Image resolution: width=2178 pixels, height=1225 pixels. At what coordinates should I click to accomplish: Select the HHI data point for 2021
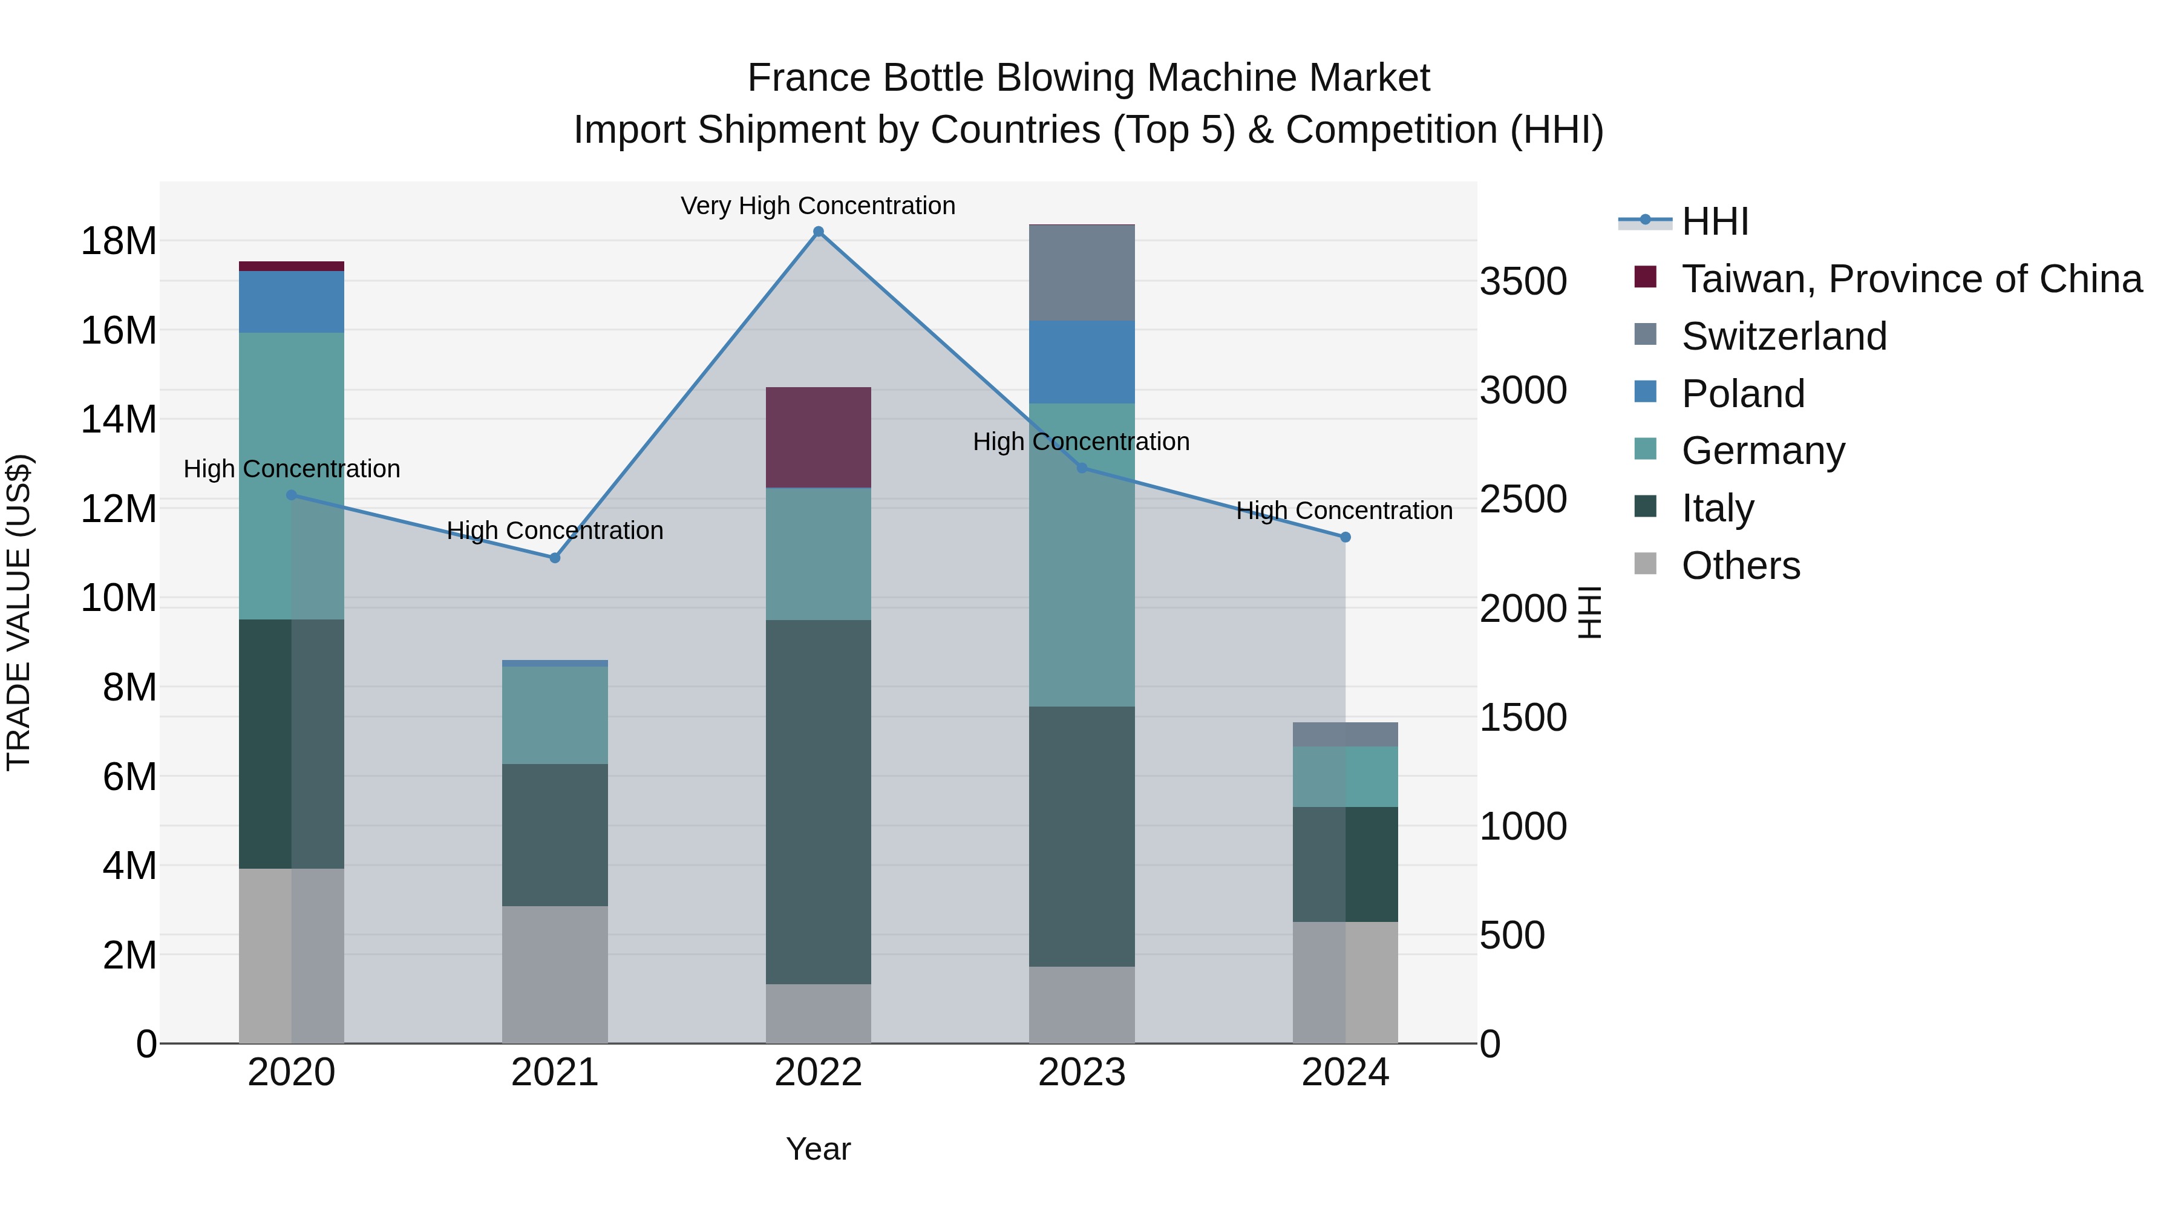pos(555,558)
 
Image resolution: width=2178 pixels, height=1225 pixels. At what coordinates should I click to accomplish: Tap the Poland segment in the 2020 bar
pos(291,301)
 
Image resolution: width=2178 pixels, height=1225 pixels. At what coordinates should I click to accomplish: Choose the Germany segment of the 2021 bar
pos(555,715)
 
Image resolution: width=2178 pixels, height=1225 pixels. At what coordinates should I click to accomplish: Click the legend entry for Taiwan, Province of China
pos(1911,279)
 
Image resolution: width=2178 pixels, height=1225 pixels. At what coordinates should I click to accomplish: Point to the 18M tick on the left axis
pos(119,241)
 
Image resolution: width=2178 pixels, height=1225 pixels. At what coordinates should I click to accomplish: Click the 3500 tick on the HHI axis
pos(1523,281)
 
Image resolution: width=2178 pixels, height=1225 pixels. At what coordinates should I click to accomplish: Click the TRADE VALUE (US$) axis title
pos(19,612)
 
